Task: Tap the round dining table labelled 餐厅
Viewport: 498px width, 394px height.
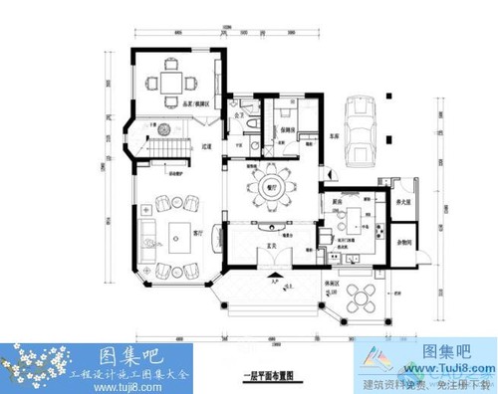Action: point(269,187)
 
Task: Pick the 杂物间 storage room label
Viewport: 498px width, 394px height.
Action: point(404,242)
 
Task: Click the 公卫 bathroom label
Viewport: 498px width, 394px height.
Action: point(240,115)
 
